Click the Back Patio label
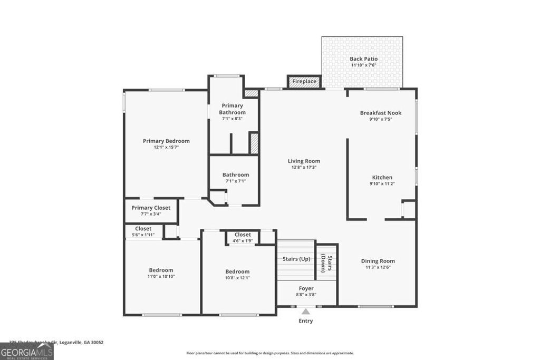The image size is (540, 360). pos(363,59)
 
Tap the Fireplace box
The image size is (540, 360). pos(304,82)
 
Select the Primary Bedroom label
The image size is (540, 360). pos(166,141)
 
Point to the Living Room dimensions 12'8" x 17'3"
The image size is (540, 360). pos(304,167)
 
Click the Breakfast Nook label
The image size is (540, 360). pos(381,113)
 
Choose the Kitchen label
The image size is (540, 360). pos(382,178)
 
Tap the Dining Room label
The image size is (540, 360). pos(378,261)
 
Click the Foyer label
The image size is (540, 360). pos(306,288)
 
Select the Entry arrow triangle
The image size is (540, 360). pos(306,312)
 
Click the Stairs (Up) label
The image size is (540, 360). pos(296,259)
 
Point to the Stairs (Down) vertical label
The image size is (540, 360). pos(326,262)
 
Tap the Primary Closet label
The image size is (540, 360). pos(151,208)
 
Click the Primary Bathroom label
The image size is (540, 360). pos(233,109)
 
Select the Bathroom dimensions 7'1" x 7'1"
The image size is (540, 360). pos(235,181)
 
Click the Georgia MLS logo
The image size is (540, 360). pos(26,352)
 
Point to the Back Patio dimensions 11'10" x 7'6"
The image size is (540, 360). pos(363,65)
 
